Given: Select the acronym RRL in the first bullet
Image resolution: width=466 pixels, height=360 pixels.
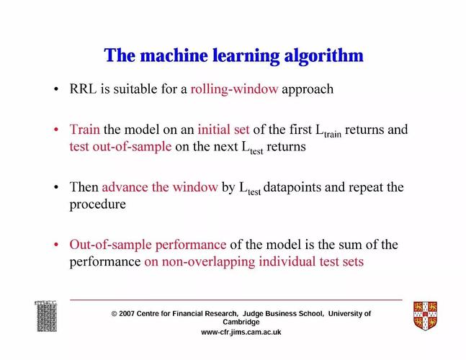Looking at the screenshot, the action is pos(83,89).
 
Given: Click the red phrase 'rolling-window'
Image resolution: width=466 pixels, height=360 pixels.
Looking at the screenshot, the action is pos(234,89).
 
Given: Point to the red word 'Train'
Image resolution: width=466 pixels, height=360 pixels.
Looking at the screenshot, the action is pos(84,130).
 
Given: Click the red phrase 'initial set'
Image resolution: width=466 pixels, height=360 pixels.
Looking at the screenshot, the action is pos(223,130).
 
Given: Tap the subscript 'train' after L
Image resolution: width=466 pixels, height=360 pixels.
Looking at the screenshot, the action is pos(333,134).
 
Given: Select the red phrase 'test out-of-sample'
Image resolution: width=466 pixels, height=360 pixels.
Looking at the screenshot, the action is pos(120,146).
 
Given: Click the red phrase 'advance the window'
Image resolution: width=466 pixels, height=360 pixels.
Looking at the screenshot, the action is pos(160,187).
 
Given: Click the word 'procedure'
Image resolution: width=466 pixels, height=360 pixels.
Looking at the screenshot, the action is pos(97,204).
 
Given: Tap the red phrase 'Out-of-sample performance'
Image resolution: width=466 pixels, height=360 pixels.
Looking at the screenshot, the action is pos(148,245).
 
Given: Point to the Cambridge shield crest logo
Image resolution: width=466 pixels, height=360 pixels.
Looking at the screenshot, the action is pos(425,316).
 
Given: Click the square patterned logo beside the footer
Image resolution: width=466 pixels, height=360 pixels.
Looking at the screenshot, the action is pos(46,316).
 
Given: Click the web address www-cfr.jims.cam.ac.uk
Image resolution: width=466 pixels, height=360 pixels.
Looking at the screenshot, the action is pos(241,332).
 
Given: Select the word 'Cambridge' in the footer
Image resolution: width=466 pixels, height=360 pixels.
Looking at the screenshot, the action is pos(241,322).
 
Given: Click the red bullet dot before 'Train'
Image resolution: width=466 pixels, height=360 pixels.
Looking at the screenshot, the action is pos(56,130).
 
